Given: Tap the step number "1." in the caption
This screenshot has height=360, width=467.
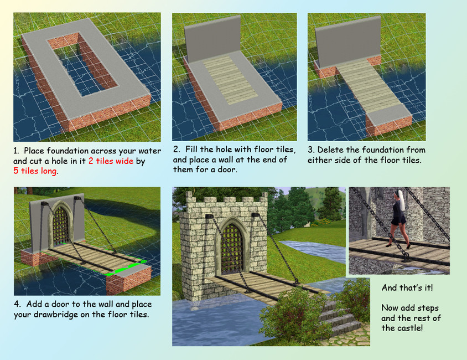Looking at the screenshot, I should (x=18, y=151).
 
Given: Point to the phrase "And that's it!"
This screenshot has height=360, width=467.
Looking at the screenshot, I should (x=407, y=288).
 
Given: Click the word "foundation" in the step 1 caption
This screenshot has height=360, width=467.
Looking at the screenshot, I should (x=70, y=151).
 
